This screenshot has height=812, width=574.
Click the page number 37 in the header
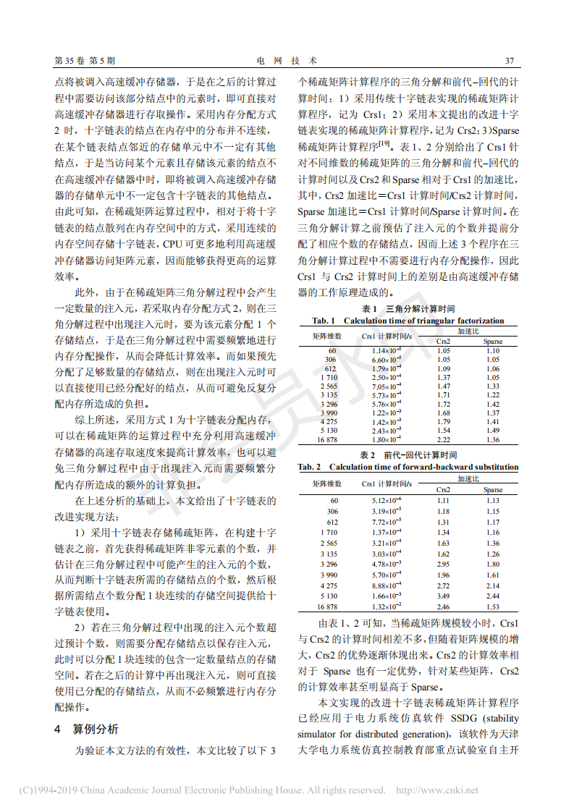tap(509, 61)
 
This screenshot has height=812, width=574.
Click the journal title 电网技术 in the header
tap(287, 61)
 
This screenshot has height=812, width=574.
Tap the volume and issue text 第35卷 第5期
tap(85, 61)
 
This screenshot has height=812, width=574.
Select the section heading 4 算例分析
tap(87, 728)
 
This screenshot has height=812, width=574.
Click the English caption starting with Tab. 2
tap(408, 467)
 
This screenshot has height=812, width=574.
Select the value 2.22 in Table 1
tap(444, 439)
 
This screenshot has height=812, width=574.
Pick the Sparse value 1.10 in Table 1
tap(493, 350)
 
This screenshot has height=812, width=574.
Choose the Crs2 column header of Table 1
tap(444, 341)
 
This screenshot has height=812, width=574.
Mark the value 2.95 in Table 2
tap(444, 563)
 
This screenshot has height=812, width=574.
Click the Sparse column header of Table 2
tap(493, 490)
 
